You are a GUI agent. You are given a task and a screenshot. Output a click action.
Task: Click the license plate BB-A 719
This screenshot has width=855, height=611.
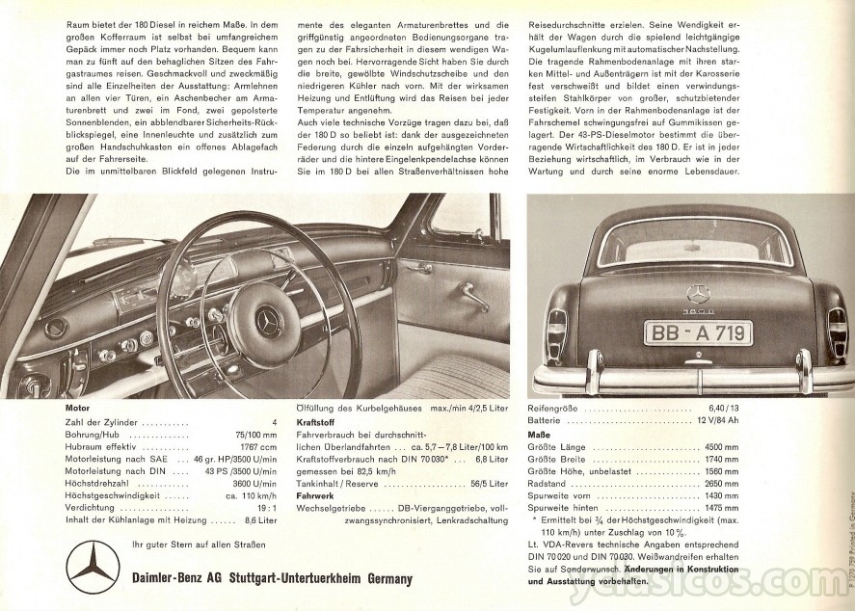(x=698, y=333)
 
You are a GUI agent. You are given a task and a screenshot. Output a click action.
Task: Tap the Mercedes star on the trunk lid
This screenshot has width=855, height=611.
(x=698, y=293)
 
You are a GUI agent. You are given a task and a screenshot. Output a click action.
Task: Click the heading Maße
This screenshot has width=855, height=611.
(x=539, y=435)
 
